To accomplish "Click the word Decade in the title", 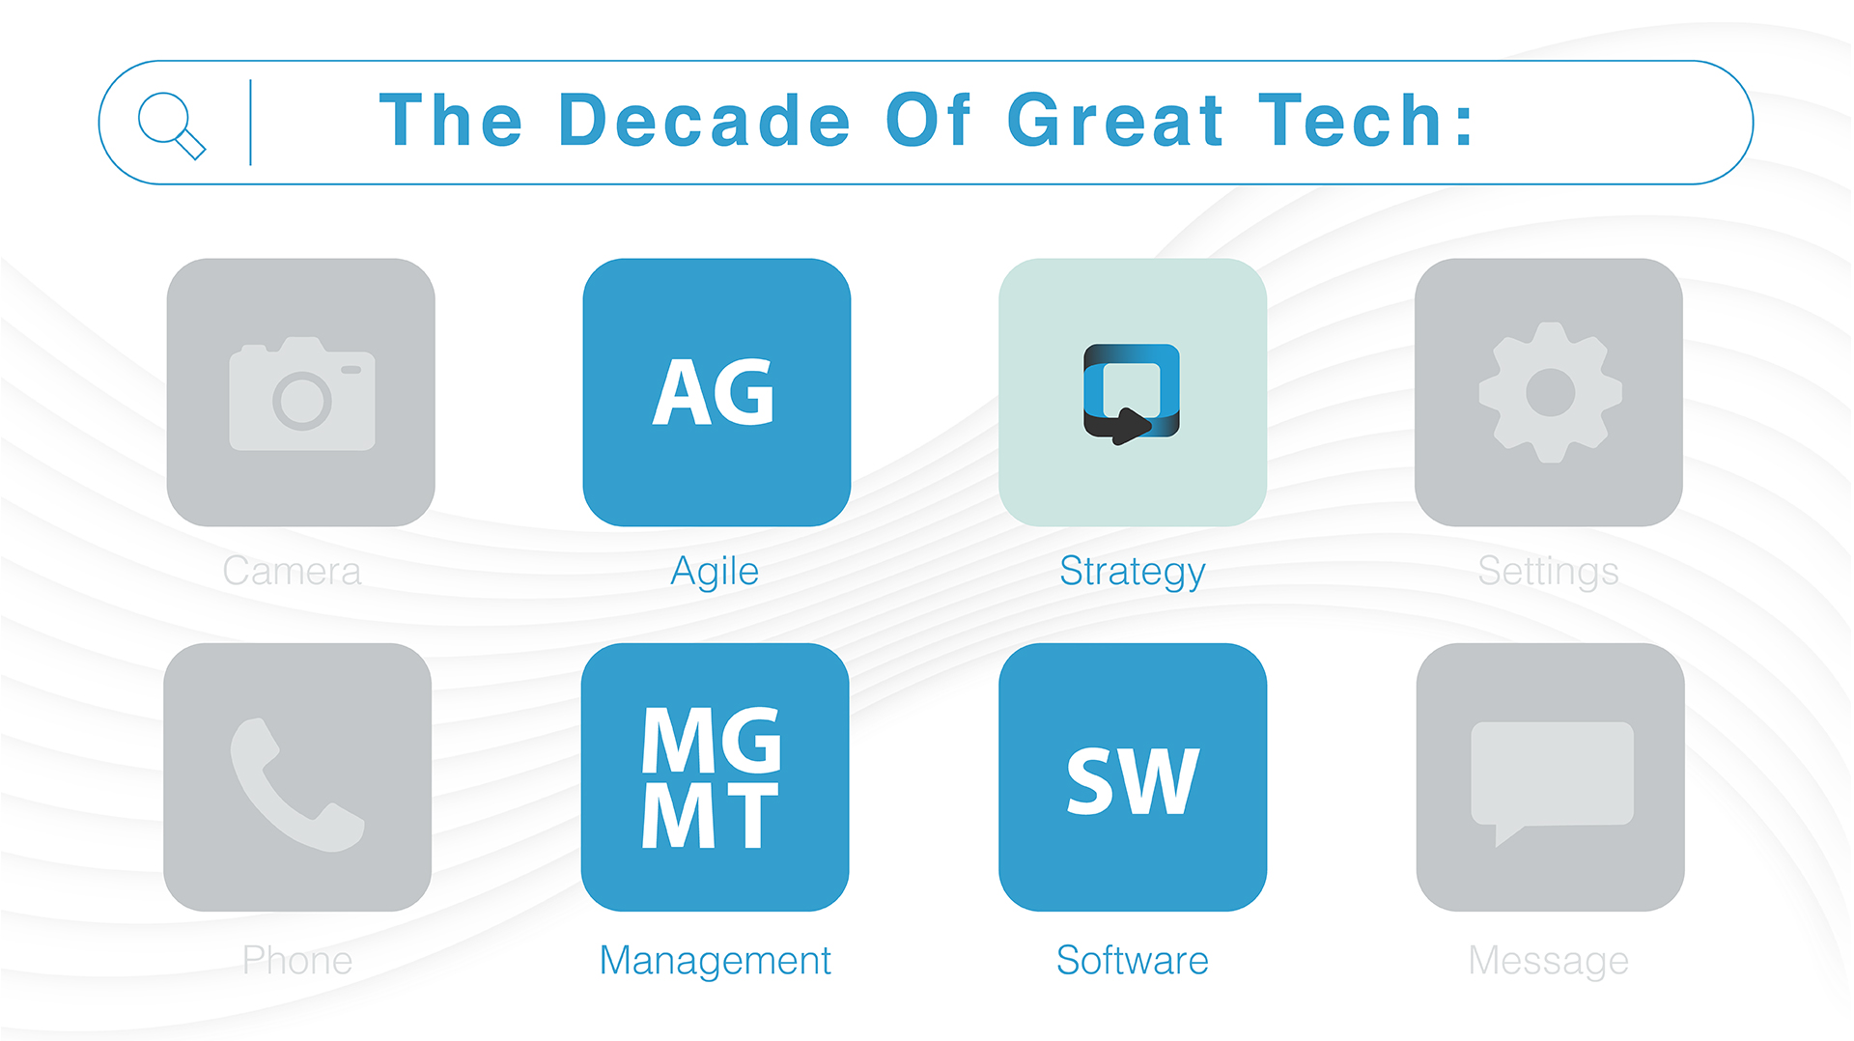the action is [x=704, y=121].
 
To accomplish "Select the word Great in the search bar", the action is [x=1115, y=121].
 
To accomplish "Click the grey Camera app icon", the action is [x=301, y=392].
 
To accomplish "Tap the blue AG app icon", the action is [x=716, y=392].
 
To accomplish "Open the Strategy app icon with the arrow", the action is [x=1133, y=392].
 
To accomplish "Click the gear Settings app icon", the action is [x=1549, y=392].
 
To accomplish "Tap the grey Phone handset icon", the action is [x=297, y=777].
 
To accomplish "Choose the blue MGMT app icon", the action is [x=716, y=777].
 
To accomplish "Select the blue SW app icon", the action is [x=1133, y=777].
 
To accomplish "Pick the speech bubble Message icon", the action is [x=1551, y=777].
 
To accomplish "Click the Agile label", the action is [x=715, y=572].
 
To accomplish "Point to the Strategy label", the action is [x=1133, y=572].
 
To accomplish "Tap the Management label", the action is [x=716, y=961].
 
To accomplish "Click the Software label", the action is [x=1133, y=960].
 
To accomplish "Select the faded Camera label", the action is [x=292, y=571].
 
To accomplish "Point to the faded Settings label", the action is [x=1549, y=572].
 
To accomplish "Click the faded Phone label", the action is [x=297, y=960].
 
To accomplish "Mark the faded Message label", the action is [x=1549, y=961].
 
